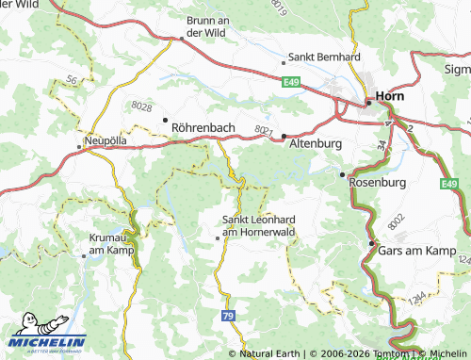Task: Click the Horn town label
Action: [x=391, y=95]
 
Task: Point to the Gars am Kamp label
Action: [x=412, y=252]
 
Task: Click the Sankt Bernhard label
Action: [x=325, y=57]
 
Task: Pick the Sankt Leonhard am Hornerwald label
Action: [x=258, y=226]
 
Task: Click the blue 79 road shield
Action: [x=228, y=316]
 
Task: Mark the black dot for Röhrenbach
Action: [x=165, y=120]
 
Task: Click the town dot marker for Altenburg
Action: [x=284, y=137]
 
